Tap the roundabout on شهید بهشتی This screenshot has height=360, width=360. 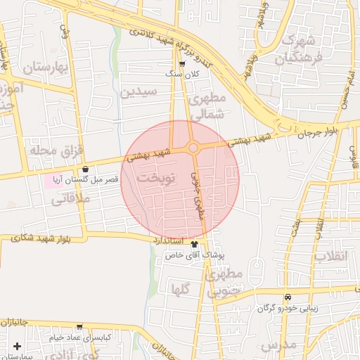click(x=193, y=148)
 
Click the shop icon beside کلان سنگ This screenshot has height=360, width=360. click(x=182, y=64)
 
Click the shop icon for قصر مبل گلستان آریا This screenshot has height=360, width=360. click(x=86, y=169)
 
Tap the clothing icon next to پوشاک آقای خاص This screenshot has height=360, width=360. click(x=194, y=244)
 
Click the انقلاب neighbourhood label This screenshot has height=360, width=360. click(x=330, y=256)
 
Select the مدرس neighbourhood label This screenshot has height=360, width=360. click(x=279, y=345)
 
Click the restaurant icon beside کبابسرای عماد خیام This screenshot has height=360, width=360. click(x=79, y=327)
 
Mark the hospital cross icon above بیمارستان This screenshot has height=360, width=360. click(x=17, y=346)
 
